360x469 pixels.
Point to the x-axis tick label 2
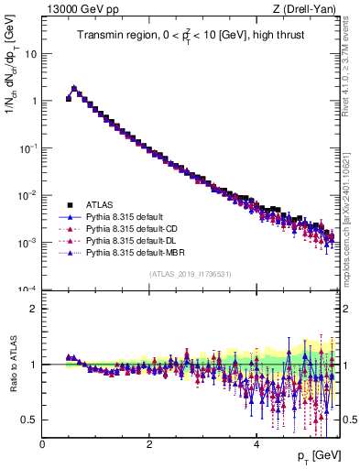coord(149,443)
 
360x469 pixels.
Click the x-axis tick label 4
coord(256,443)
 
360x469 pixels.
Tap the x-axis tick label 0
coord(42,443)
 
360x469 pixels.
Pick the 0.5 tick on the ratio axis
coord(30,420)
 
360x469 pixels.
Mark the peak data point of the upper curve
coord(74,89)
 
